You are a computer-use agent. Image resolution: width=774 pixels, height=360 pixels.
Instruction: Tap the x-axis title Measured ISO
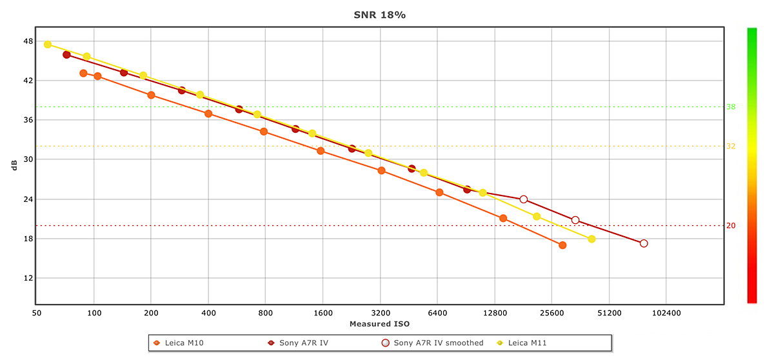[x=379, y=323]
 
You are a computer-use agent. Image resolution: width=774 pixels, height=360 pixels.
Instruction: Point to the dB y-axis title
[x=14, y=165]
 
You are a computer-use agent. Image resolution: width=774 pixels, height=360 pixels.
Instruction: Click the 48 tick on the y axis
[x=28, y=41]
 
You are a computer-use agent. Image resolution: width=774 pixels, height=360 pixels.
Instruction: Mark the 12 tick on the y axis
[x=28, y=278]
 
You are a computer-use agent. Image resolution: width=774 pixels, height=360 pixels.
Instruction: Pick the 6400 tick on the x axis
[x=437, y=313]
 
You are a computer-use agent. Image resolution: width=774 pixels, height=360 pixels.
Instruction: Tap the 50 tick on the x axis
[x=37, y=313]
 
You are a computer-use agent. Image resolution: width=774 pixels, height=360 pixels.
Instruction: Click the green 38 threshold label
[x=731, y=107]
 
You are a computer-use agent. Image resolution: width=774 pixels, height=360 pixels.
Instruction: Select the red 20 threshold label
[x=731, y=226]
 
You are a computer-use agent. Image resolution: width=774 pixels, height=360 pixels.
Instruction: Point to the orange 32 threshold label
[x=731, y=146]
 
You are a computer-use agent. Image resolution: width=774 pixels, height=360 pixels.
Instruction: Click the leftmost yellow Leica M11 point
[x=48, y=45]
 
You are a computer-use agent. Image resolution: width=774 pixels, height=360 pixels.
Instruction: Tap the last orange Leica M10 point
[x=562, y=245]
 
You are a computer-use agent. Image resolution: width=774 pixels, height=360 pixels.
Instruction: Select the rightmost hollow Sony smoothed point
[x=644, y=243]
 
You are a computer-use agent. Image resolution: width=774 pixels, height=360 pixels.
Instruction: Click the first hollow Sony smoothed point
[x=524, y=199]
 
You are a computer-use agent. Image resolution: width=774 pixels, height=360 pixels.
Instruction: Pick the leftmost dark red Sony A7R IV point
[x=66, y=55]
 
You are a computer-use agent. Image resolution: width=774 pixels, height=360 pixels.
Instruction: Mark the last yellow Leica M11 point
[x=591, y=239]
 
